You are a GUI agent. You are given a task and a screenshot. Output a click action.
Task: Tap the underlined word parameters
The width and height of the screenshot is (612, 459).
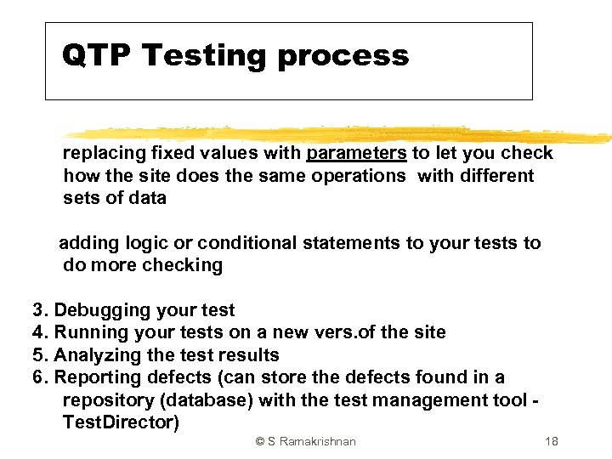pos(356,153)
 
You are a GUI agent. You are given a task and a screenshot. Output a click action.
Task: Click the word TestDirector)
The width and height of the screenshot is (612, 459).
pos(121,422)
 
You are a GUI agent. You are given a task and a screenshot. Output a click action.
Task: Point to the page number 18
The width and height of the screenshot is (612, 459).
pos(551,441)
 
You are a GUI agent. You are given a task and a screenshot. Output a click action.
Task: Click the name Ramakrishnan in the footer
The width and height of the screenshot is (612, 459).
pos(317,441)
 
